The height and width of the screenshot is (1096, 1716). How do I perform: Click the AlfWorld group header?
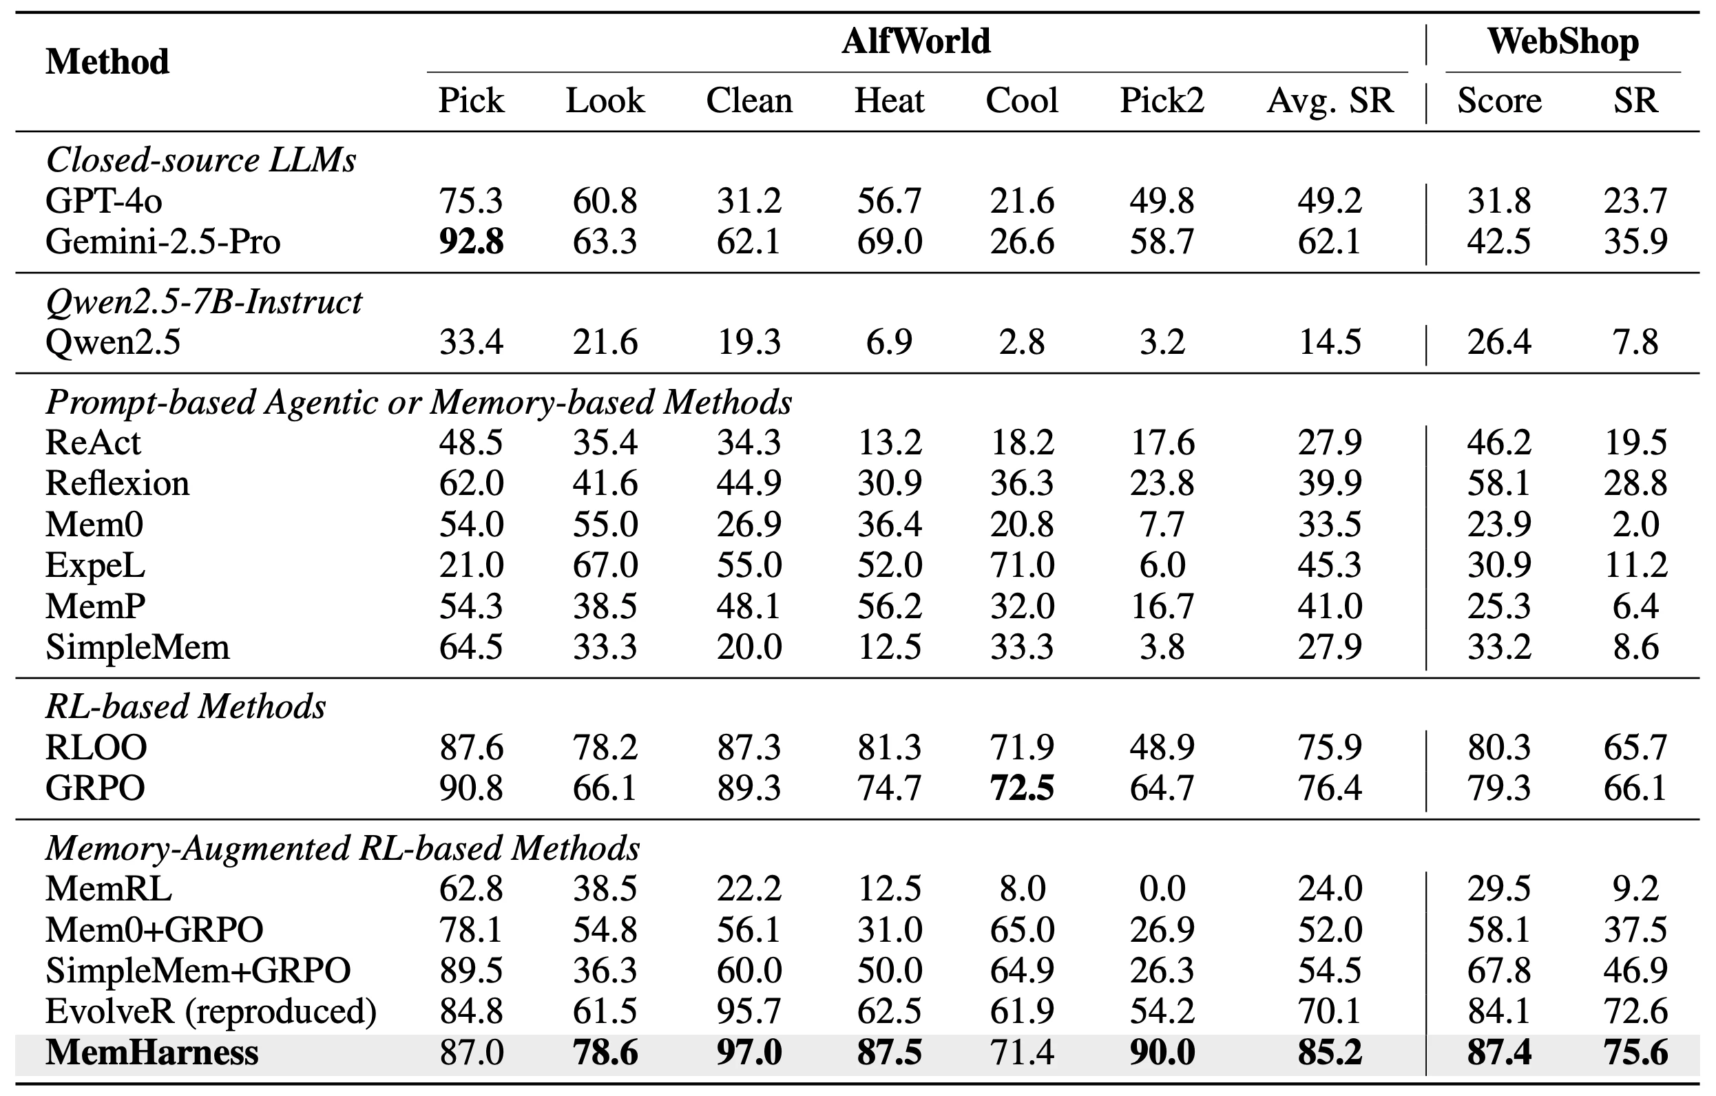click(916, 41)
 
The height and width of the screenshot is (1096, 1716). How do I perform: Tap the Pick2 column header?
click(1162, 101)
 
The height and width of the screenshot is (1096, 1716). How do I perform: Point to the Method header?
click(107, 62)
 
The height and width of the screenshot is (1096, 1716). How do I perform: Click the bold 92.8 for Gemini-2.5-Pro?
click(471, 242)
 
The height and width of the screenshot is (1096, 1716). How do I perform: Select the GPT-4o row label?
click(104, 201)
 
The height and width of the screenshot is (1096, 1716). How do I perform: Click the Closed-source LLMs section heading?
click(201, 160)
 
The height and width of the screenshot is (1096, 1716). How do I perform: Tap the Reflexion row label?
click(118, 484)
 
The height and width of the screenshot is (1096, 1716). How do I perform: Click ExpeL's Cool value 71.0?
click(1021, 566)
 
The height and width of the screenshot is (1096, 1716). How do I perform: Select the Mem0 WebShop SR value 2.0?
click(1635, 525)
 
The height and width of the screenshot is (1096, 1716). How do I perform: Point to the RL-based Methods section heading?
click(186, 707)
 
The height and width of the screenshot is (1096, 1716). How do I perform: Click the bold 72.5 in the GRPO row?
click(1021, 788)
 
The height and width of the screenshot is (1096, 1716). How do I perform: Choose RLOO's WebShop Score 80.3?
click(1498, 748)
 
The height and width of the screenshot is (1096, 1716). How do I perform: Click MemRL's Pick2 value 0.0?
click(1162, 889)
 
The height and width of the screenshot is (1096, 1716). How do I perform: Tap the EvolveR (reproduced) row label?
click(211, 1012)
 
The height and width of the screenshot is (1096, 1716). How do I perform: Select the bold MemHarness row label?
click(151, 1053)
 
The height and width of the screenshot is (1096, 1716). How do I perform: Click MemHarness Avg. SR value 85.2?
click(1329, 1053)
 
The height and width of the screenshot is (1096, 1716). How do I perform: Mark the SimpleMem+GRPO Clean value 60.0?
click(749, 971)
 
